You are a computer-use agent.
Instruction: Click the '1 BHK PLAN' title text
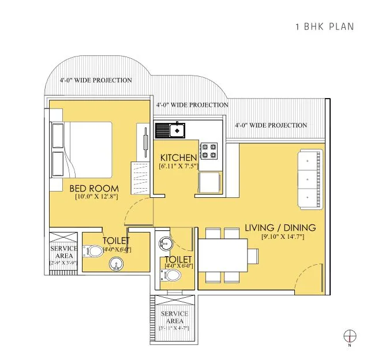pos(324,27)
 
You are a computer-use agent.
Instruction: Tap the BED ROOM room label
pos(94,188)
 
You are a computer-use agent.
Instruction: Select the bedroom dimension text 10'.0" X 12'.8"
pos(96,197)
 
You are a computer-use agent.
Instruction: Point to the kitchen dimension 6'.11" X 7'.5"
pos(178,166)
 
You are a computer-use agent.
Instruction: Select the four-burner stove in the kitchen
pos(209,151)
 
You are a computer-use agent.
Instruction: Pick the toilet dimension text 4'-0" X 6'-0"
pos(178,266)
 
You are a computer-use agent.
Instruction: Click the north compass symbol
pos(350,336)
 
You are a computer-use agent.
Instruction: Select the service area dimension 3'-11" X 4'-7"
pos(174,328)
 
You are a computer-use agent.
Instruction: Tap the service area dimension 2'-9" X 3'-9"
pos(63,262)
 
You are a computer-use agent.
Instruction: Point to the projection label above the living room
pos(271,125)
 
